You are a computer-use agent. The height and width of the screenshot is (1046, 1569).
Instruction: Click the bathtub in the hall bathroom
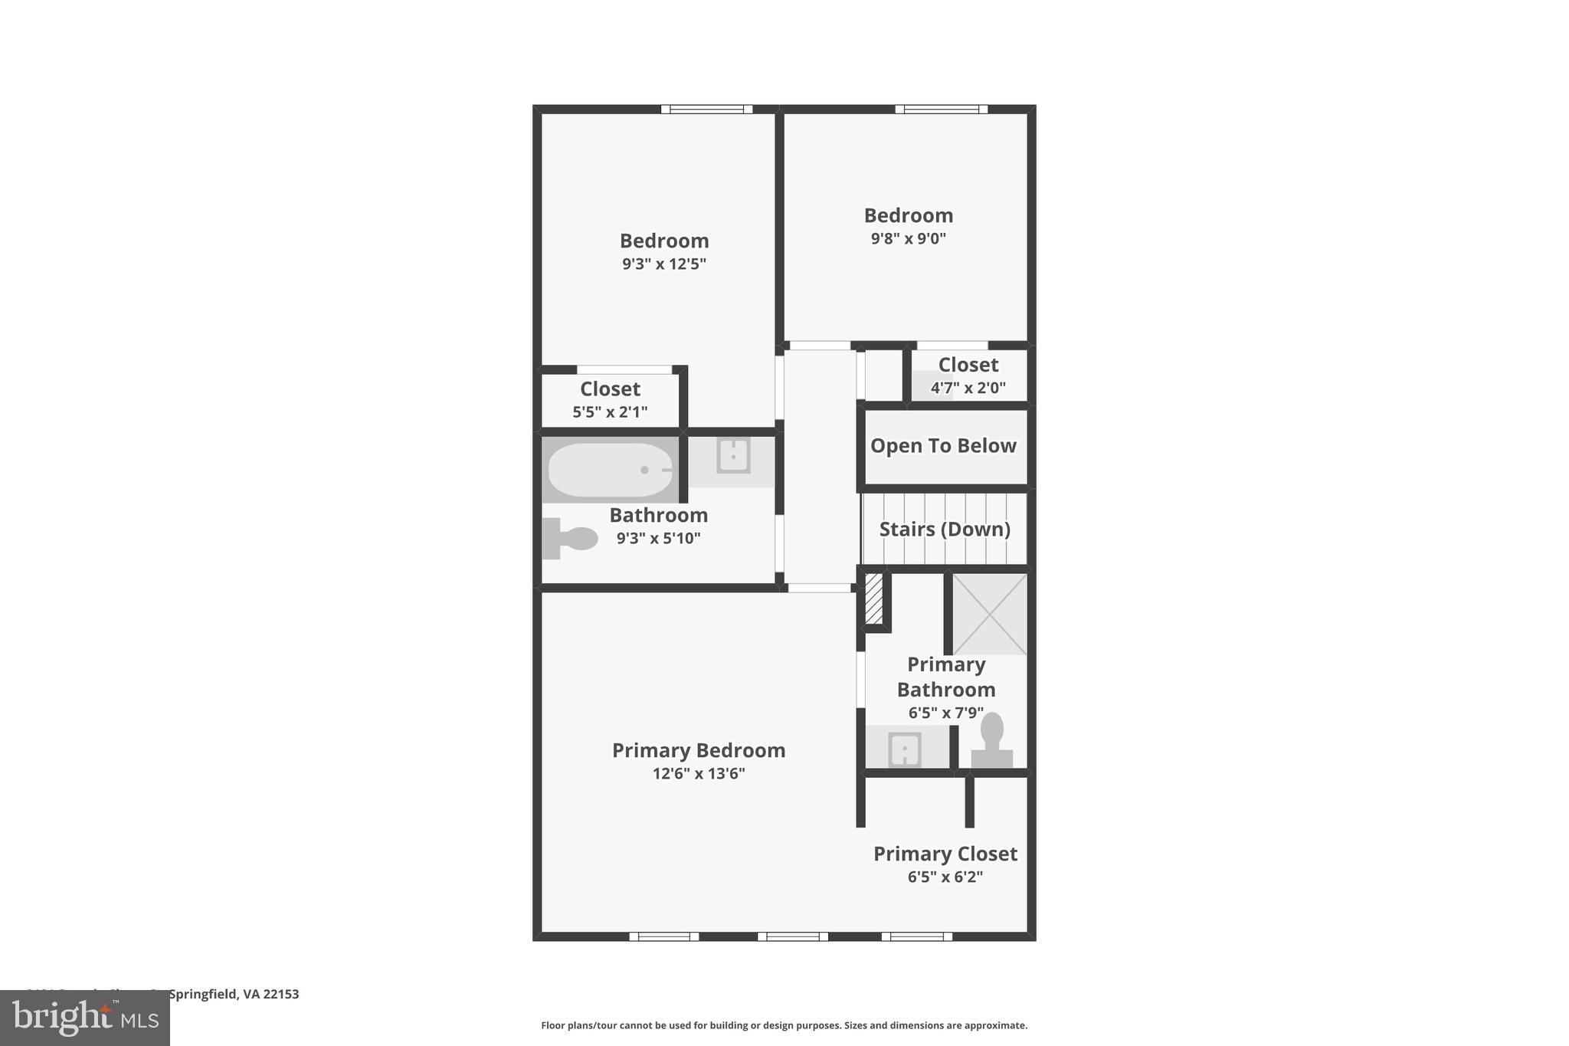[x=611, y=470]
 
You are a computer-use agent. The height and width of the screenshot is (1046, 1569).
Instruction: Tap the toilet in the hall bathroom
[x=571, y=538]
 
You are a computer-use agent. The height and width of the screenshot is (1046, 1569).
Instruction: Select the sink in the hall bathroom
[x=733, y=456]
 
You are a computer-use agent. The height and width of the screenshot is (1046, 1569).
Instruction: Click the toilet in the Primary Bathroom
[x=992, y=739]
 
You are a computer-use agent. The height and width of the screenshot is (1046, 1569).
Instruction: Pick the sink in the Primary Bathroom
[x=904, y=749]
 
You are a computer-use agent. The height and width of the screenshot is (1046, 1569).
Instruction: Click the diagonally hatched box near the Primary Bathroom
[x=873, y=598]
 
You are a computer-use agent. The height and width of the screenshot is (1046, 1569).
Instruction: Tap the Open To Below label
[x=943, y=446]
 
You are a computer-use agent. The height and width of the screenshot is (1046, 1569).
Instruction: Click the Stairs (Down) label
[x=945, y=530]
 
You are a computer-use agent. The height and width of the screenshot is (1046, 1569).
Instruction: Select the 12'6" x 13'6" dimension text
[x=699, y=774]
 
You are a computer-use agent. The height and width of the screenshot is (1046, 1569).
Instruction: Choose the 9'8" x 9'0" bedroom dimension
[x=908, y=238]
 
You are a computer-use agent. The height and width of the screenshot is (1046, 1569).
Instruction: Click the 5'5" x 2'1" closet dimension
[x=610, y=412]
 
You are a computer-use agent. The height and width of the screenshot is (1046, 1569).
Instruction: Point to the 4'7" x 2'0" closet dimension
[x=968, y=388]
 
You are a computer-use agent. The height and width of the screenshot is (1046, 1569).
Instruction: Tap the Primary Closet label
[x=945, y=854]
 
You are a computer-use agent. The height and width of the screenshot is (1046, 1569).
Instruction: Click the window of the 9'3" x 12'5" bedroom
[x=706, y=110]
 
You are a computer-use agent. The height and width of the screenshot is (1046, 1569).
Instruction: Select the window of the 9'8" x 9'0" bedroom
[x=941, y=110]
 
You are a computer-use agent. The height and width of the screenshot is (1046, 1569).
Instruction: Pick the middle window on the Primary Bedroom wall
[x=793, y=936]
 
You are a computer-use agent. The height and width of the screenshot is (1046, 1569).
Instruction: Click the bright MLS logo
[x=85, y=1018]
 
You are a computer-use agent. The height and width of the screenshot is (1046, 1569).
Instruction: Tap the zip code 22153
[x=280, y=994]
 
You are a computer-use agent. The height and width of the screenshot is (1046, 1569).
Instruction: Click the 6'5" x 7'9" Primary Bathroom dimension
[x=946, y=713]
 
